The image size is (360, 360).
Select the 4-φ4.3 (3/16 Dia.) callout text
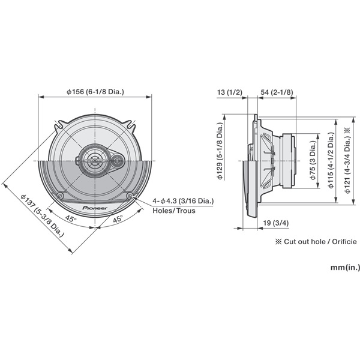183,201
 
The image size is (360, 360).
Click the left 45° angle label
71,219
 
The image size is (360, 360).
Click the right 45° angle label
118,219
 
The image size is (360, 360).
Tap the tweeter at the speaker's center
96,160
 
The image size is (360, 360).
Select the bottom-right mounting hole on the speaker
130,196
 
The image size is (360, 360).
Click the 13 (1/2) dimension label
230,92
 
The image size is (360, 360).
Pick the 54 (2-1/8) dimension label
277,92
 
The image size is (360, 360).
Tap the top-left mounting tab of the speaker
60,127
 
